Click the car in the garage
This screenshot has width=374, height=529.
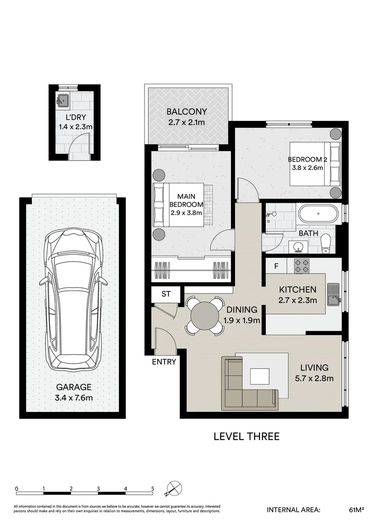72,301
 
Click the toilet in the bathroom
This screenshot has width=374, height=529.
327,243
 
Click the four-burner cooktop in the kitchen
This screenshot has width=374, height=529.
302,266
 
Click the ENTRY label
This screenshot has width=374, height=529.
164,362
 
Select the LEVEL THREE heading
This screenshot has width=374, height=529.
246,436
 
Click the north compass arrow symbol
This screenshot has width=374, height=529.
174,488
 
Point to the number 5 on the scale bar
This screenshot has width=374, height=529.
153,488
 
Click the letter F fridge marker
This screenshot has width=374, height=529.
276,266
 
